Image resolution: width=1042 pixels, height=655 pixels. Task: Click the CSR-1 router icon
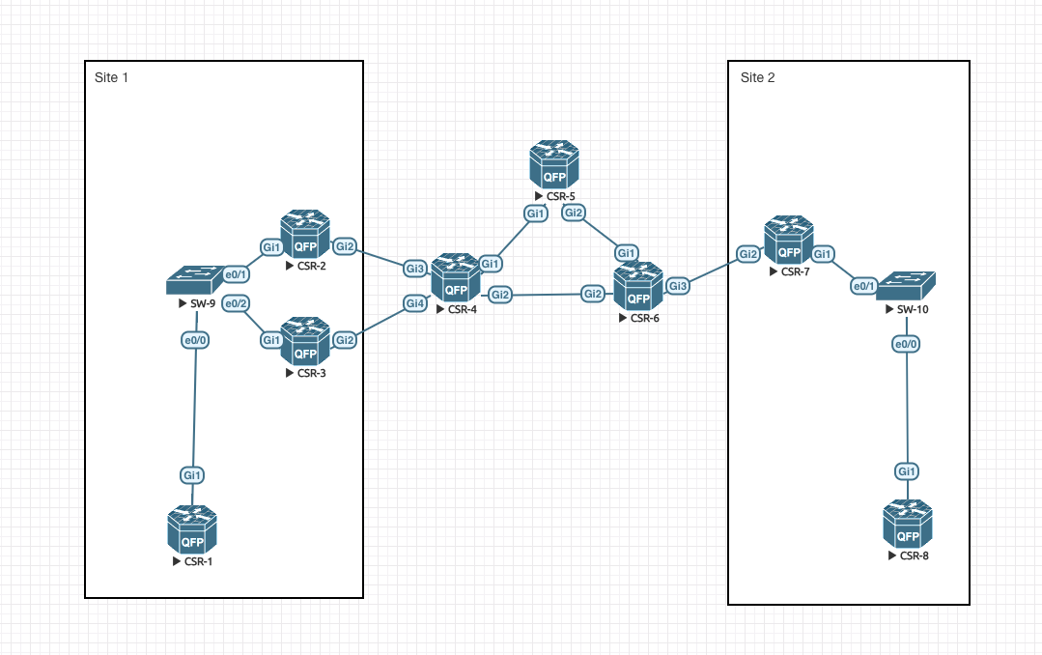pos(191,530)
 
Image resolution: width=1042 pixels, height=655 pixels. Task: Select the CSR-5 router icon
pos(554,165)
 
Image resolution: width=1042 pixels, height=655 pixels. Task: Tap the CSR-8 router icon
pos(908,525)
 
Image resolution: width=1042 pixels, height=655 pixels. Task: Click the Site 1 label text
pos(111,77)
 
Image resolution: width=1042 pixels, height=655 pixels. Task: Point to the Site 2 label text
pos(757,77)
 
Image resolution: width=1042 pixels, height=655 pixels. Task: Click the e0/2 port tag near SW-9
pos(236,303)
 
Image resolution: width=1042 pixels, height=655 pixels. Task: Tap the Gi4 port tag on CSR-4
pos(414,303)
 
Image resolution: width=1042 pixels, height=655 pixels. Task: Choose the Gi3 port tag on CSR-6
pos(678,286)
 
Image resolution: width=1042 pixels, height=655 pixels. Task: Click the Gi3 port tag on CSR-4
pos(414,268)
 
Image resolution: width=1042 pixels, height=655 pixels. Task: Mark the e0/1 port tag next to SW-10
pos(863,286)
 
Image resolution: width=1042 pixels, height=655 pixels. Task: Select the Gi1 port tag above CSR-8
pos(906,471)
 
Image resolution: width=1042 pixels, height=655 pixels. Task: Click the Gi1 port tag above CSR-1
pos(192,474)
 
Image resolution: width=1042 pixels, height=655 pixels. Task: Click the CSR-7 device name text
pos(796,272)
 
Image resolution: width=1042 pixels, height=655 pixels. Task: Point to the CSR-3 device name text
pos(311,373)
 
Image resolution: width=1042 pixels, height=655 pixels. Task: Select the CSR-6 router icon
pos(637,286)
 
